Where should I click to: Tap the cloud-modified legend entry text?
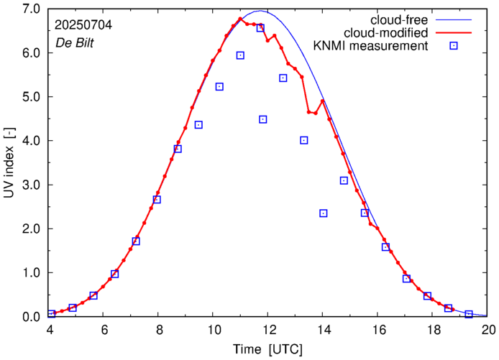coord(385,33)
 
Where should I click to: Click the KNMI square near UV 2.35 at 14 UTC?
coord(324,213)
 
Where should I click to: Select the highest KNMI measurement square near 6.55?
coord(260,28)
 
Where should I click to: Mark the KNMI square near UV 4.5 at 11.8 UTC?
coord(263,119)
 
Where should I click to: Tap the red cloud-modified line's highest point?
coord(240,19)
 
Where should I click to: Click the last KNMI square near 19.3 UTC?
coord(469,314)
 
